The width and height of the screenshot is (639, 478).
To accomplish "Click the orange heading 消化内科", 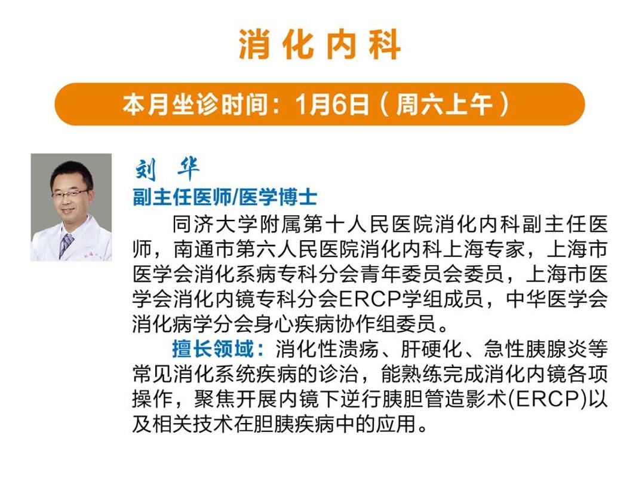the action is [x=320, y=44].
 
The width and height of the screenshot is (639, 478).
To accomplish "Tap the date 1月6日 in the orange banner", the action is [x=332, y=105].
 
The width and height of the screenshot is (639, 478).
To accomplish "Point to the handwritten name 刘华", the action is [x=167, y=168].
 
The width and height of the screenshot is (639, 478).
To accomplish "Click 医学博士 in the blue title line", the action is [x=278, y=197].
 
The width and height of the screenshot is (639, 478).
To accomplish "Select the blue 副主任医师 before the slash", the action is [x=182, y=197].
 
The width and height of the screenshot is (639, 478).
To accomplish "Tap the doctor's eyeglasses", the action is [x=69, y=194].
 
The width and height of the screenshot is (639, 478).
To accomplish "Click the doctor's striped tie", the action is [x=66, y=245].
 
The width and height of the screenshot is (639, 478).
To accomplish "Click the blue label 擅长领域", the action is [x=213, y=349].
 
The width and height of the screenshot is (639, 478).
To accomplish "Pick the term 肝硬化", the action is [x=431, y=349].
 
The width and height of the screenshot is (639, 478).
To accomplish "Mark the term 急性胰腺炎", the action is [x=535, y=349].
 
